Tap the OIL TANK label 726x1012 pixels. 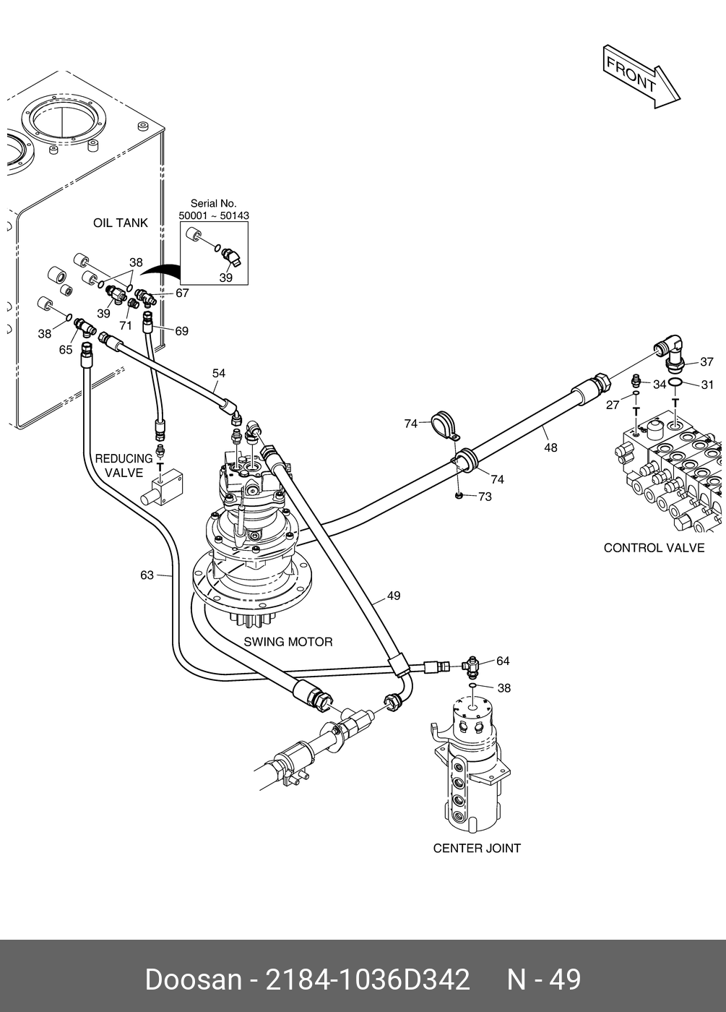tap(120, 223)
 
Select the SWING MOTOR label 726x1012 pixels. tap(288, 641)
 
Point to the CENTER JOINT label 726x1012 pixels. tap(477, 848)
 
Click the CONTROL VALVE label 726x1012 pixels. tap(654, 547)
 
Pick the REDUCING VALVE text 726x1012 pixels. tap(124, 466)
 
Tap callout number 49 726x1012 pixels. tap(394, 596)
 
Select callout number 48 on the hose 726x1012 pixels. tap(550, 447)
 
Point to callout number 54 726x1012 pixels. tap(219, 373)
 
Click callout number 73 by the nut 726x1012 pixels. tap(484, 497)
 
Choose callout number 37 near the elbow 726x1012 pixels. tap(706, 361)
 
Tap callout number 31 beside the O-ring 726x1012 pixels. tap(707, 385)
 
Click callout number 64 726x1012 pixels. tap(503, 661)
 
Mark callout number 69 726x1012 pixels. tap(181, 330)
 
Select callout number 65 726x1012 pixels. tap(66, 349)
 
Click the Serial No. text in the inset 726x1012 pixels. tap(213, 204)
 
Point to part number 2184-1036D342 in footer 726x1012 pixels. tap(368, 979)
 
